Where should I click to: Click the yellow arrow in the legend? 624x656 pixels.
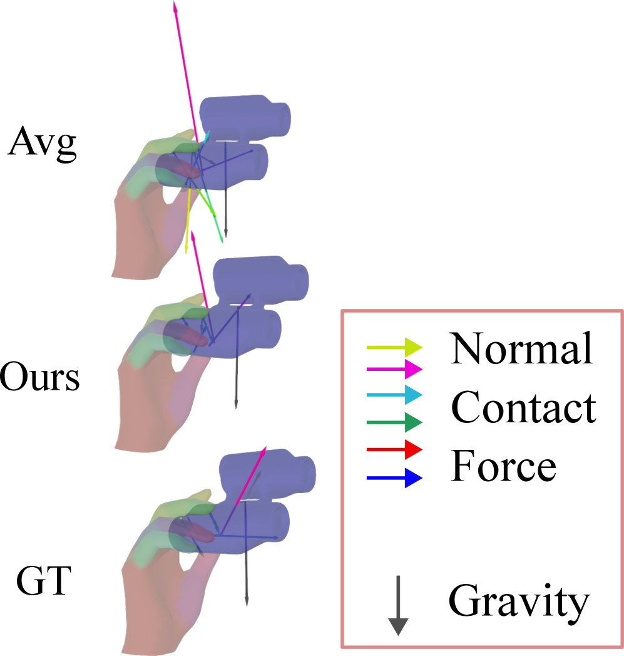(x=394, y=346)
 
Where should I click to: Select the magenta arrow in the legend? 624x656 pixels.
(x=394, y=369)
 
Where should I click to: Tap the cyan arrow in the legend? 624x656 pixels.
(x=394, y=395)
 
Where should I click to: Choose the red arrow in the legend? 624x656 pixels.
(x=394, y=450)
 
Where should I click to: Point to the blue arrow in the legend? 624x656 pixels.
(x=394, y=478)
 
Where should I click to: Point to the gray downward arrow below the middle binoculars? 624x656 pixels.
(x=236, y=382)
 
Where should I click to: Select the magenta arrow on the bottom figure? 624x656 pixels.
(x=250, y=476)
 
